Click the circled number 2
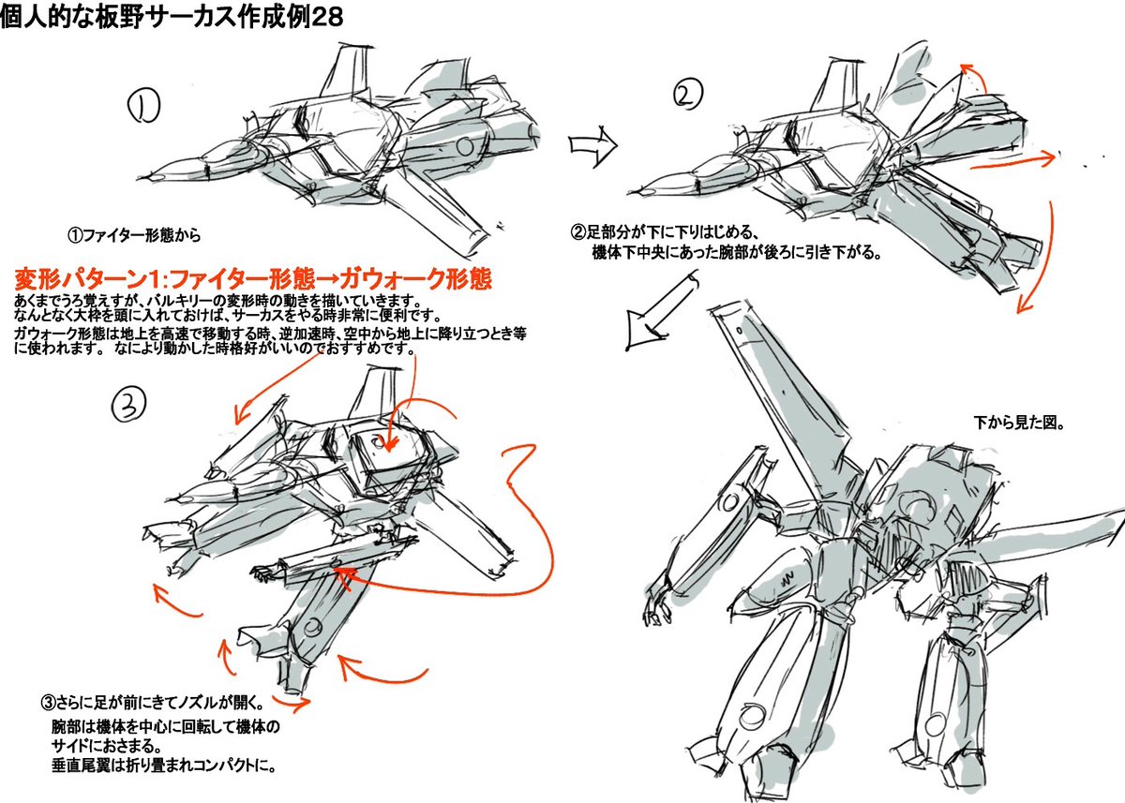(686, 95)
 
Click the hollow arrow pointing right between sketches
(593, 144)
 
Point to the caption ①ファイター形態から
(135, 234)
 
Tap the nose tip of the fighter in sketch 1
(156, 174)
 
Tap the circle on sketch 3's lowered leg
(315, 627)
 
